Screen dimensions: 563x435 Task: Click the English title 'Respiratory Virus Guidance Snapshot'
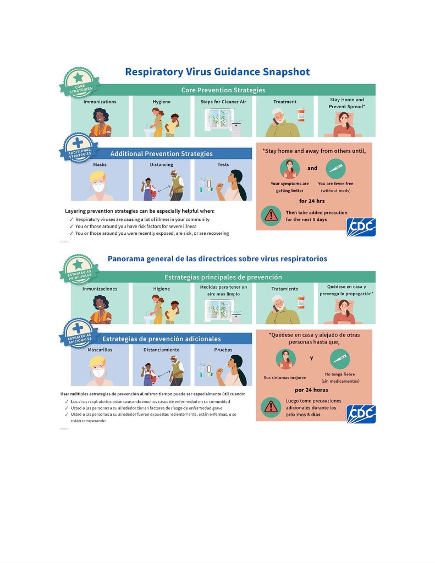click(217, 72)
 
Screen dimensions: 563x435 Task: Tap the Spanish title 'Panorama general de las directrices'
click(217, 258)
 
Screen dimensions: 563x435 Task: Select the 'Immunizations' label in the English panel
click(100, 102)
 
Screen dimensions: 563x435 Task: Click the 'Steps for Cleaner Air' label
click(223, 102)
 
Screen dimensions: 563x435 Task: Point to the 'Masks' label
click(100, 164)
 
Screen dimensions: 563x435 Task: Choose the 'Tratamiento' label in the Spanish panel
click(284, 289)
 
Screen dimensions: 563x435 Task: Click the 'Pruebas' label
click(223, 349)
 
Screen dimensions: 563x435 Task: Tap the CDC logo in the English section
click(361, 227)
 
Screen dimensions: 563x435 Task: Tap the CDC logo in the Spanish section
click(361, 413)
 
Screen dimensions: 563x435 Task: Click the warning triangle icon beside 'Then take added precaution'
click(271, 215)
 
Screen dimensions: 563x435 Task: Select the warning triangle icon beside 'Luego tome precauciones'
click(271, 406)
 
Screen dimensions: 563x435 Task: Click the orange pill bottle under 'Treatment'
click(301, 115)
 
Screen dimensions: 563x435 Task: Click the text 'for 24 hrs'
click(311, 201)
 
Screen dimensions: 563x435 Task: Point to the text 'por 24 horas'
click(311, 390)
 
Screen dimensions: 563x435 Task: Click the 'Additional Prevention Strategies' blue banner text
click(161, 153)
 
